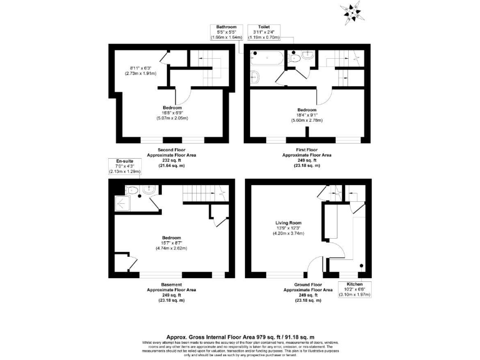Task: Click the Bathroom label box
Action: coord(226,32)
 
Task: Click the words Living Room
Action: coord(289,222)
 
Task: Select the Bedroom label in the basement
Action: coord(171,238)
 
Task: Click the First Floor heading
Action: coord(307,150)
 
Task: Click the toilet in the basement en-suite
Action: coord(146,191)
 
